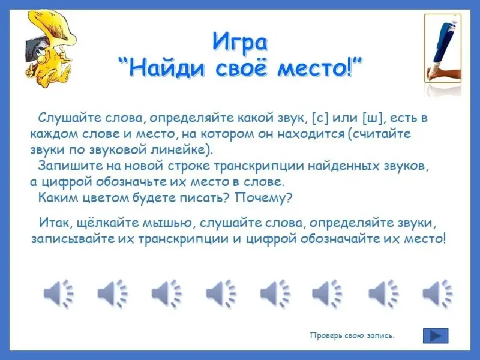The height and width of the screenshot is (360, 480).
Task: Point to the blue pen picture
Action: (x=443, y=49)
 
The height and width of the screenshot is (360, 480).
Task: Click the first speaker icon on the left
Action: (x=58, y=293)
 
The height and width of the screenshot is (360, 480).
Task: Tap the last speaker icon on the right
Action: (x=437, y=293)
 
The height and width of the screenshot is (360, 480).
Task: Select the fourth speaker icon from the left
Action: (x=221, y=293)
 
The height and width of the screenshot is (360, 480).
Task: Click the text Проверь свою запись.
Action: (x=352, y=335)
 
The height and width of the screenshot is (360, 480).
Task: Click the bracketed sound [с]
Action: (x=320, y=118)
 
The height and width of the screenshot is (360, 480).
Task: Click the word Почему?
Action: (x=263, y=198)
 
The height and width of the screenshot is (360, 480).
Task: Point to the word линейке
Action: (x=181, y=150)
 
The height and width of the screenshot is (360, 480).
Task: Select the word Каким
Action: (x=58, y=198)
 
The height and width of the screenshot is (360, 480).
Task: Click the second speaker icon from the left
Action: (x=112, y=293)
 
